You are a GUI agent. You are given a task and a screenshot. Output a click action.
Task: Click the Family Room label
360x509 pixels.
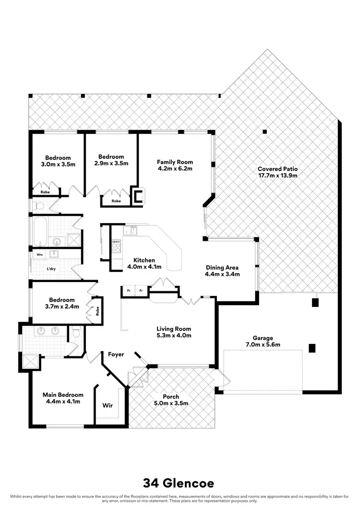pos(175,162)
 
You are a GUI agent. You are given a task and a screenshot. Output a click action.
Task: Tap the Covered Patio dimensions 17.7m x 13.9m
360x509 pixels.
pos(277,176)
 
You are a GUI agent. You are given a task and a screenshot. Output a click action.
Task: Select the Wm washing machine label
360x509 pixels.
pos(39,254)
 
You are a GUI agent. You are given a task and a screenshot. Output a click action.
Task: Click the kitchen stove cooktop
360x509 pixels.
pos(116,246)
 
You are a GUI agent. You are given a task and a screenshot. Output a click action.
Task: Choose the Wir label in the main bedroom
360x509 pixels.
pos(108,405)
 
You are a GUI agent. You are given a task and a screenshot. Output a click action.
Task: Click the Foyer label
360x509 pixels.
pos(116,355)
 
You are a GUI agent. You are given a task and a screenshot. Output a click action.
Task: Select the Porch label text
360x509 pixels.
pos(171,397)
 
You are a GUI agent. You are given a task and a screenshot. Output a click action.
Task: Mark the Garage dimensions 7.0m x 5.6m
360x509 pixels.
pos(263,344)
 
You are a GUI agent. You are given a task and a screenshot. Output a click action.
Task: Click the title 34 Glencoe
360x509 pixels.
pos(180,482)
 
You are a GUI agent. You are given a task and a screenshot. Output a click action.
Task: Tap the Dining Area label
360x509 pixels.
pos(222,268)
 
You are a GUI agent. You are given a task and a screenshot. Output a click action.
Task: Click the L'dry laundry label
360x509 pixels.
pos(51,269)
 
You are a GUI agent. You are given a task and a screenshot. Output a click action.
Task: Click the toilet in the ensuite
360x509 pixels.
pos(75,332)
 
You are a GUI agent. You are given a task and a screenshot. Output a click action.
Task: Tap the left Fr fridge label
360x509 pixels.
pos(128,291)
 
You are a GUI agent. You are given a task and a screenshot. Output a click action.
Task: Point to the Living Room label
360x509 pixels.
pos(174,329)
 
